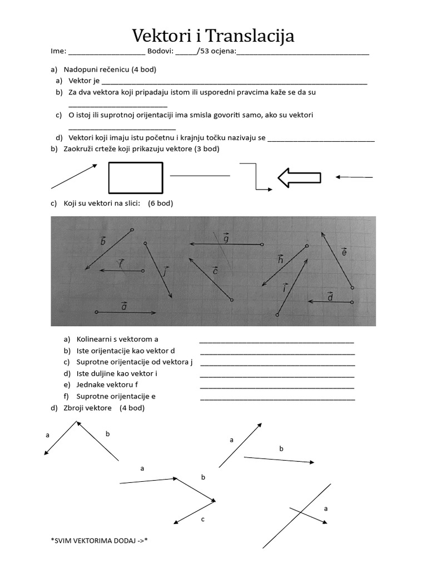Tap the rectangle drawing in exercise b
point(136,177)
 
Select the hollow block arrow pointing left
point(299,178)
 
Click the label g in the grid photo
point(226,238)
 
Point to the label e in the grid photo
point(344,252)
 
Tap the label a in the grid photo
point(123,306)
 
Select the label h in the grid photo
point(280,259)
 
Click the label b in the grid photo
point(103,241)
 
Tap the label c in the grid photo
point(215,271)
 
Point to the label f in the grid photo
point(120,263)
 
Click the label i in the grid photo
point(285,288)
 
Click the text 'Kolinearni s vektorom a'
point(113,339)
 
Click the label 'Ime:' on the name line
point(58,51)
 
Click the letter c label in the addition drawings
point(203,519)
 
